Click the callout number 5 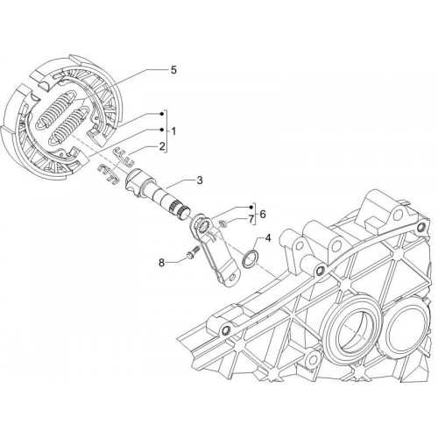coord(173,70)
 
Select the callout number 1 coord(173,131)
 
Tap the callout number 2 coord(161,146)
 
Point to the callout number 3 coord(200,180)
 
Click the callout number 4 coord(268,238)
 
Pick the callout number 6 coord(263,215)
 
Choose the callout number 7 coord(251,219)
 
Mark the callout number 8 coord(161,263)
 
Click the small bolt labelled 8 coord(192,252)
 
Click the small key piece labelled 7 coord(223,223)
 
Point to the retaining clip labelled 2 coord(124,157)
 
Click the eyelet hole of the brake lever coord(234,277)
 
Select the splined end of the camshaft coord(180,210)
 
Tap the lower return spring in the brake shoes coord(69,126)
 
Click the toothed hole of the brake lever coord(202,226)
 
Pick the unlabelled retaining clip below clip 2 coord(108,174)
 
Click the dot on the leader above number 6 coord(251,207)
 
